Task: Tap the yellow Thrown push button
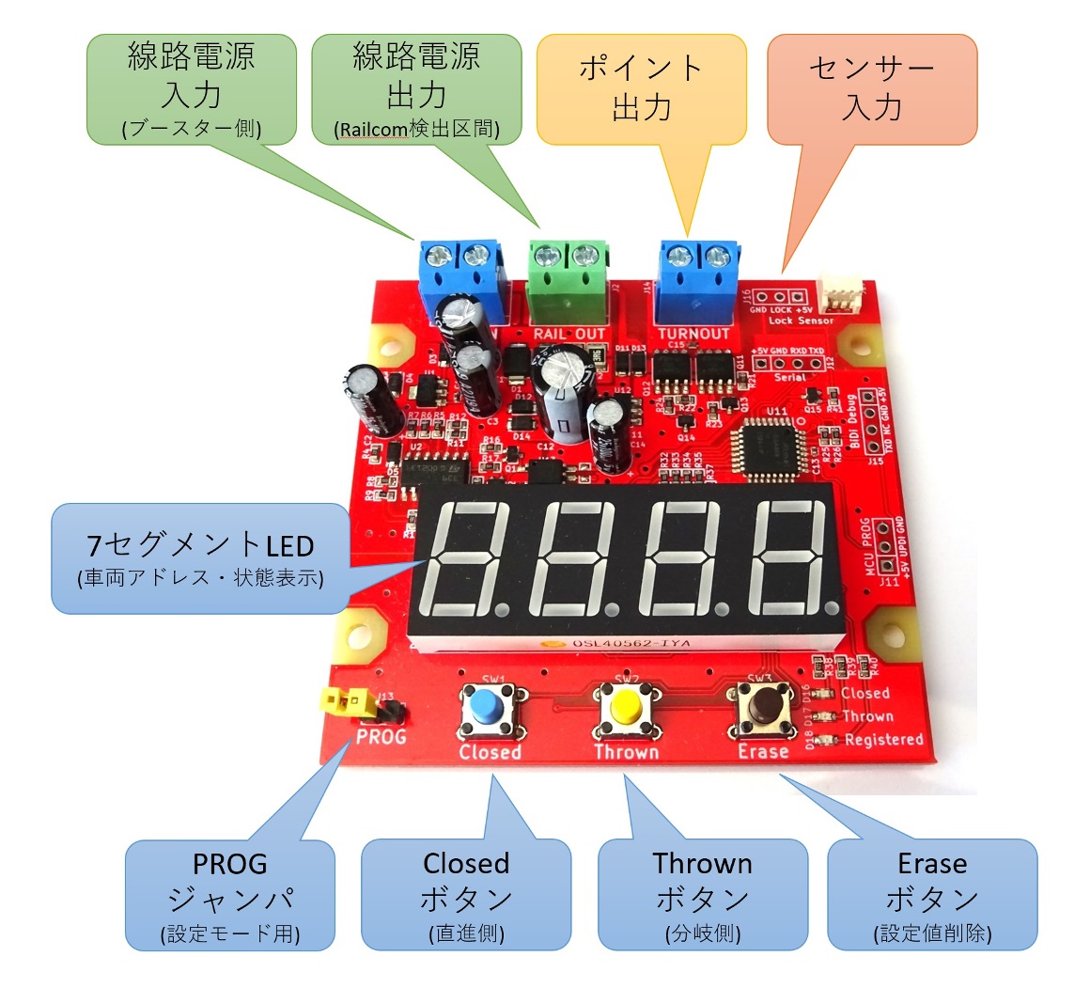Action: [623, 706]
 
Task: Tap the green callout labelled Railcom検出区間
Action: [415, 90]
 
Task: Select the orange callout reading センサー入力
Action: [872, 89]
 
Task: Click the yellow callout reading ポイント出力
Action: [641, 89]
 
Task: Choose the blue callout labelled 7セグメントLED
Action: [200, 558]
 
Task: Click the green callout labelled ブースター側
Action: [192, 90]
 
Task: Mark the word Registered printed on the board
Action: [883, 740]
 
